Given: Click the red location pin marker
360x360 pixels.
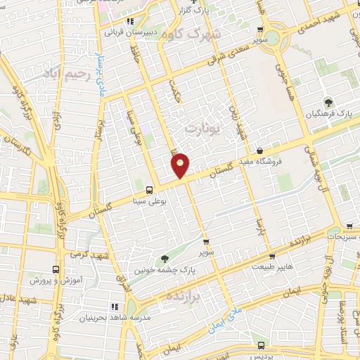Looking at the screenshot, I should (x=181, y=165).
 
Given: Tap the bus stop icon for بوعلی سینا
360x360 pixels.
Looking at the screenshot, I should (x=149, y=190).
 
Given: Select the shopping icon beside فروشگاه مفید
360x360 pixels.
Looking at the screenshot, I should (x=259, y=150).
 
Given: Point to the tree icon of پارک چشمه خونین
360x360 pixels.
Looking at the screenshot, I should (x=165, y=259).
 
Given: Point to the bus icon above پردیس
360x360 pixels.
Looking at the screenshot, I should (x=262, y=345).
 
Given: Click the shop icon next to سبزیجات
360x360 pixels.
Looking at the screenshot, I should (x=349, y=226).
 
